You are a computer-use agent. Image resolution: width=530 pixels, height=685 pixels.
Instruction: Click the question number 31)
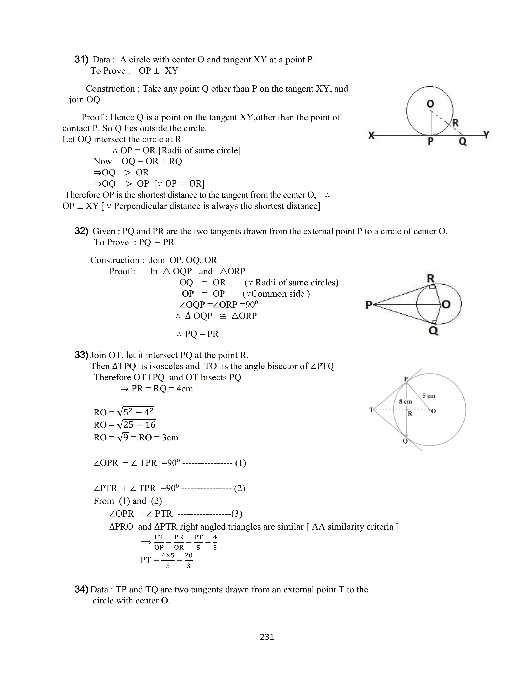coord(81,59)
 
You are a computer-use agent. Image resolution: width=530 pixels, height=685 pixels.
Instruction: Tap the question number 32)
coord(81,231)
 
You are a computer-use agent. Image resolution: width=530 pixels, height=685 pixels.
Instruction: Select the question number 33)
coord(81,355)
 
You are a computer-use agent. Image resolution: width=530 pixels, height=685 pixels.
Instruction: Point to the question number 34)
coord(81,589)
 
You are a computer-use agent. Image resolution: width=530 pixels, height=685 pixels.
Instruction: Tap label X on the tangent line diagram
coord(371,136)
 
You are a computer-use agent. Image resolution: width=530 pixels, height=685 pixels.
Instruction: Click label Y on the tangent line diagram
coord(486,135)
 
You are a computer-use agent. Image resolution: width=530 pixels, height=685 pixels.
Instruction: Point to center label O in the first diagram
coord(430,104)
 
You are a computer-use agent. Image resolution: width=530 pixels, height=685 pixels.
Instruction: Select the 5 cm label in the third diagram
coord(429,396)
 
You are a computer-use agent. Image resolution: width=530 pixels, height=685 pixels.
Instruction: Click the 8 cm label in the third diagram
coord(405,401)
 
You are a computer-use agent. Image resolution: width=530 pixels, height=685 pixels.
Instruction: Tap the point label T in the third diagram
coord(371,410)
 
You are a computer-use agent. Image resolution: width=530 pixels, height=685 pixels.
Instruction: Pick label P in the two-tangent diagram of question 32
coord(369,305)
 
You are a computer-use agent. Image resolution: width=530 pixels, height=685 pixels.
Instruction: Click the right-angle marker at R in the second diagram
coord(432,286)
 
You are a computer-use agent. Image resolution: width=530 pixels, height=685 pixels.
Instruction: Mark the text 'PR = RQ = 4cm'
coord(162,389)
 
